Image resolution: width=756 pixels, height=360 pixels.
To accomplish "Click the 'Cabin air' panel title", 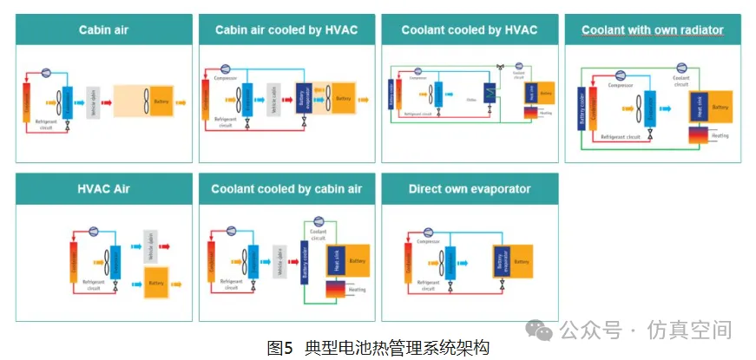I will point(104,30).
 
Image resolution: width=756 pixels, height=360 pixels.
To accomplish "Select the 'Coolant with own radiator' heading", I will point(652,30).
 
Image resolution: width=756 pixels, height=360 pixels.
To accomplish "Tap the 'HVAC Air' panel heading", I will point(104,189).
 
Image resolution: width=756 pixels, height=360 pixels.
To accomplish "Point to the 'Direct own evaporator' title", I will point(470,189).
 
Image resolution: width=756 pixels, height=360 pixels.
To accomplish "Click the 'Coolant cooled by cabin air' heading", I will point(286,189).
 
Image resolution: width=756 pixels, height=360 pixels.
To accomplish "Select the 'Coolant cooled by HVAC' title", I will point(470,30).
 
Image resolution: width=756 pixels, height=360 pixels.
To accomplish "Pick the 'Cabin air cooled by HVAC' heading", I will point(286,30).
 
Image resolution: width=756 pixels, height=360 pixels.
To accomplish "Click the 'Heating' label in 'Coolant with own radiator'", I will point(720,135).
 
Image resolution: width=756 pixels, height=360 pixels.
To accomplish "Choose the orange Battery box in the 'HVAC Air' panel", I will point(156,284).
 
